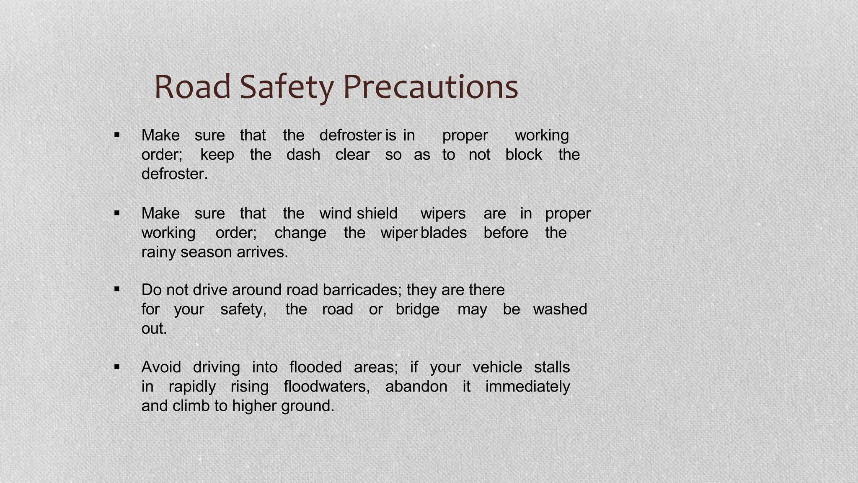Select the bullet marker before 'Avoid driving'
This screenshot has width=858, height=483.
[x=117, y=367]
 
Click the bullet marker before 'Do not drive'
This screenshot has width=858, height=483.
[x=117, y=289]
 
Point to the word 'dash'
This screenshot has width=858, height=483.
[x=303, y=155]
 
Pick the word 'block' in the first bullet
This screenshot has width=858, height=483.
[x=524, y=155]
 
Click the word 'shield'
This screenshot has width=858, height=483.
[x=377, y=213]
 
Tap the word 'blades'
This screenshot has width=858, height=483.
[x=443, y=233]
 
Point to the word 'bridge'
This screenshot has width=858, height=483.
[x=417, y=309]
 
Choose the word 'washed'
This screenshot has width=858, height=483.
[x=560, y=309]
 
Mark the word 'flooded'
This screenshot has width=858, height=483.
[x=315, y=367]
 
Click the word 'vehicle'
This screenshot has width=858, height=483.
[x=497, y=367]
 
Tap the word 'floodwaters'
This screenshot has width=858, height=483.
[x=326, y=387]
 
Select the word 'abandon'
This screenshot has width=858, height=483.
[x=416, y=387]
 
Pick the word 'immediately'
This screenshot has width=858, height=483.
[x=527, y=387]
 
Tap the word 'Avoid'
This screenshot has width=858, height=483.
[x=161, y=367]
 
